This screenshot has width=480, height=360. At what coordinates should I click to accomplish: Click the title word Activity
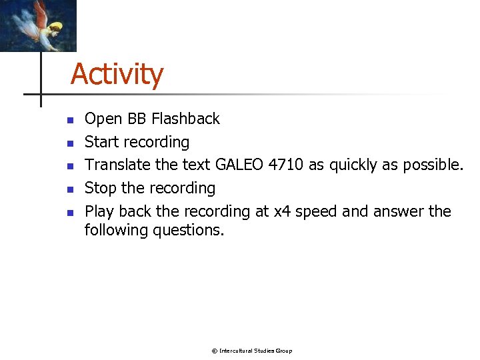[117, 74]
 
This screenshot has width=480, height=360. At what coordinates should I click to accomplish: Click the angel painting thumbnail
[38, 25]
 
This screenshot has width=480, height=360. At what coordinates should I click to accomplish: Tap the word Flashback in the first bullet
[185, 119]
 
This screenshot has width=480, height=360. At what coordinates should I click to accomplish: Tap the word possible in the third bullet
[431, 165]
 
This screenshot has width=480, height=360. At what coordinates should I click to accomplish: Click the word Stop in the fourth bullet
[100, 188]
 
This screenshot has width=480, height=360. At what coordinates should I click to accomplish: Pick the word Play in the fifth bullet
[99, 211]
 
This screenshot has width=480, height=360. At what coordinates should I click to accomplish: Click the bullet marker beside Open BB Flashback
[68, 121]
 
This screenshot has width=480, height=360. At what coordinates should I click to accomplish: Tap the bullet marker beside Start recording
[68, 143]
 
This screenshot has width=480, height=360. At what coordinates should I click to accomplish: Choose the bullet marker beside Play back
[68, 213]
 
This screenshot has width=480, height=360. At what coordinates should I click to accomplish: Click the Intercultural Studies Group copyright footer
[251, 351]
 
